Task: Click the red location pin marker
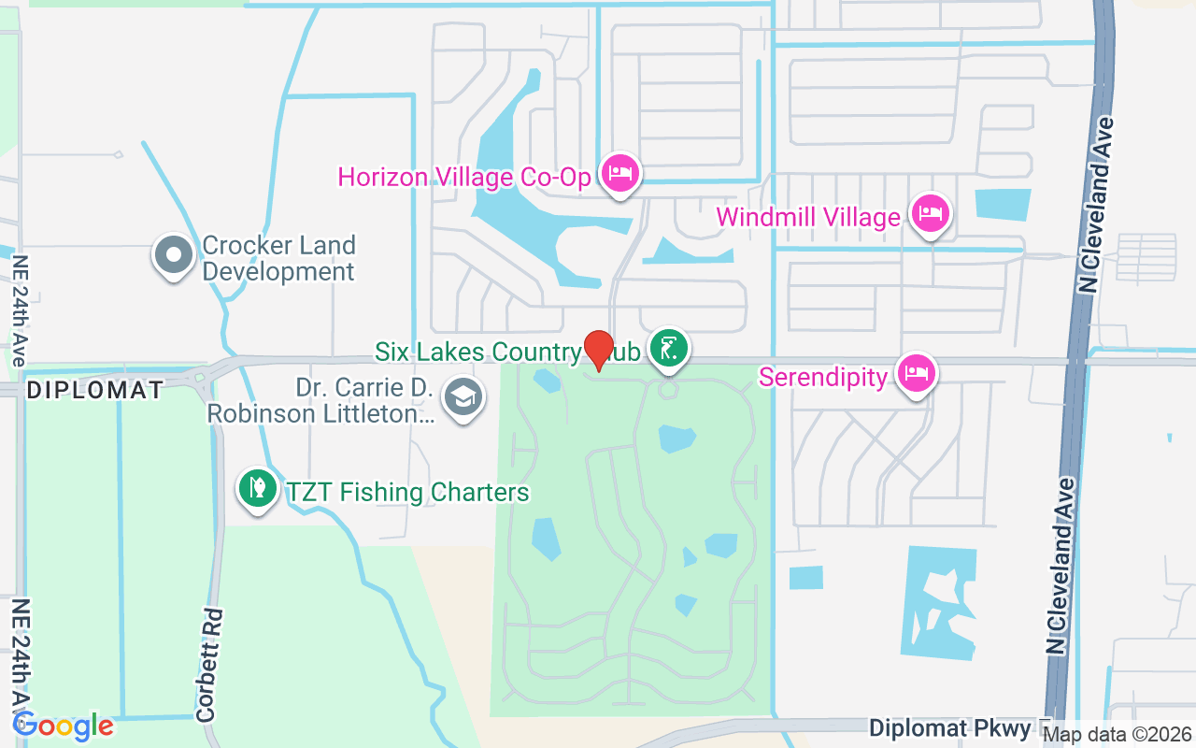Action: click(598, 350)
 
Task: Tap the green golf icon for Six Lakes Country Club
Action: click(669, 349)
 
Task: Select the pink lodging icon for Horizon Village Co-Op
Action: click(619, 173)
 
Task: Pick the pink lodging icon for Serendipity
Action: click(916, 373)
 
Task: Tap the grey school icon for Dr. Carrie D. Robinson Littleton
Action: click(463, 397)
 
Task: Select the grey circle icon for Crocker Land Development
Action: click(173, 255)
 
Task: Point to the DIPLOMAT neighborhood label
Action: click(94, 390)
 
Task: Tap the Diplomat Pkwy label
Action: click(949, 727)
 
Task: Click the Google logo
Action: click(64, 726)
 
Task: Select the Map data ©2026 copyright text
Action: click(1118, 734)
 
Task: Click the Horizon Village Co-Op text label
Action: click(465, 177)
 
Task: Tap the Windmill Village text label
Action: click(807, 217)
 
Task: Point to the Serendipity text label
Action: click(822, 377)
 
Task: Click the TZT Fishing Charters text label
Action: click(407, 492)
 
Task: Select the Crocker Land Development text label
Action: click(278, 259)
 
